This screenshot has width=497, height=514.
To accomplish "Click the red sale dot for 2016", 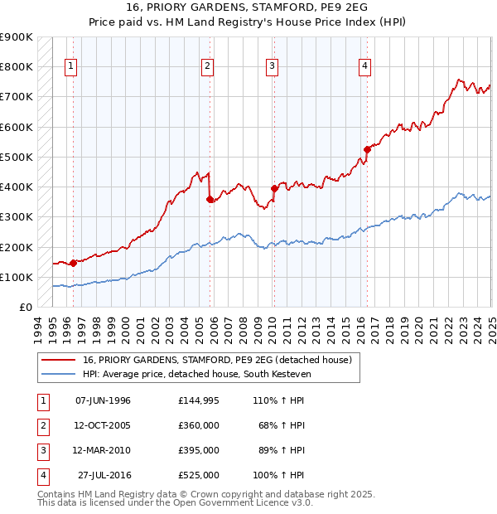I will point(367,149).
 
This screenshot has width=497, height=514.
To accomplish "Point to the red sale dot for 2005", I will point(210,199).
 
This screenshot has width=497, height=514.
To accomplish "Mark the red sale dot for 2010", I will point(274,188).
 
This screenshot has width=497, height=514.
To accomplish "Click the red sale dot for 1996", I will point(73,263).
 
